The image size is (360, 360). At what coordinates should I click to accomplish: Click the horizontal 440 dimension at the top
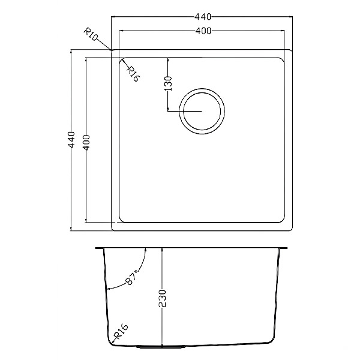click(x=203, y=17)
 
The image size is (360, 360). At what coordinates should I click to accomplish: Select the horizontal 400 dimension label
click(x=203, y=31)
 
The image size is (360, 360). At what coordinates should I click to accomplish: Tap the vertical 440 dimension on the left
click(x=71, y=140)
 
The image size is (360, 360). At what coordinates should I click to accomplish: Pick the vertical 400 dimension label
click(x=86, y=143)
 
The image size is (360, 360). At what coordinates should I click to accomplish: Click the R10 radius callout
click(x=91, y=34)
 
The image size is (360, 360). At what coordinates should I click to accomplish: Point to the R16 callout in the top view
click(x=133, y=74)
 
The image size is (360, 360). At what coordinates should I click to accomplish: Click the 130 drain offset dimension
click(x=169, y=83)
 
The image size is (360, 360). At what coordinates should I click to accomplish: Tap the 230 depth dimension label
click(x=162, y=298)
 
